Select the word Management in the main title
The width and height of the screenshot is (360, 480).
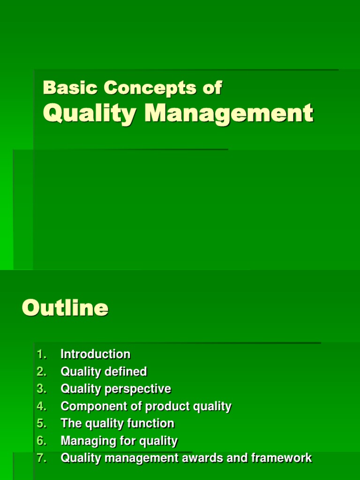[229, 114]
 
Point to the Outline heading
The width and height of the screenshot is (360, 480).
[65, 308]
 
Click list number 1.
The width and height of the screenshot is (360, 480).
[41, 354]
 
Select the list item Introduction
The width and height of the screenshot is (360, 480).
[95, 354]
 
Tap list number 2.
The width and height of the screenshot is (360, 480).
[41, 372]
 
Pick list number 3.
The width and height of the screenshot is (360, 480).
[41, 389]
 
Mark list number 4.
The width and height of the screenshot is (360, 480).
[41, 406]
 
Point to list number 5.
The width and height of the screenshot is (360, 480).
[41, 424]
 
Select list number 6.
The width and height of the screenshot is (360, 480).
[41, 441]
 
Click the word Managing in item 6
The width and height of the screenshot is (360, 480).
[83, 441]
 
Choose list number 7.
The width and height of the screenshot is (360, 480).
[41, 458]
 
